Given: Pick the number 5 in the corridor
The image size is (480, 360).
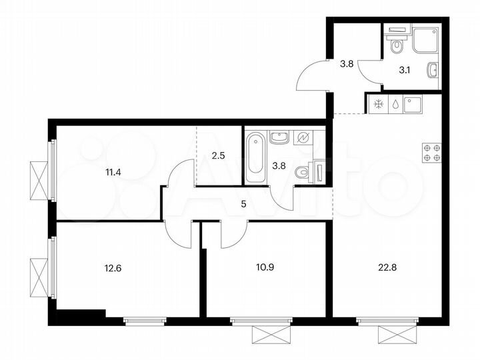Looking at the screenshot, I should (x=243, y=205).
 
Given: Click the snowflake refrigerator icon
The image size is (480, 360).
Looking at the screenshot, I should (x=378, y=105).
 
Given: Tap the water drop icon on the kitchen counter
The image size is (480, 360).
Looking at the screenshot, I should (x=396, y=105).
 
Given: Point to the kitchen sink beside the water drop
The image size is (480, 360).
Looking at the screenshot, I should (x=414, y=105).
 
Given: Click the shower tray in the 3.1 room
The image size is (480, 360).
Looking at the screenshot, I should (x=425, y=40).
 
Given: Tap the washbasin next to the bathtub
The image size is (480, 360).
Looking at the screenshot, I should (x=279, y=138).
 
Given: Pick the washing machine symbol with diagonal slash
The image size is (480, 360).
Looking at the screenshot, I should (x=303, y=138).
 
